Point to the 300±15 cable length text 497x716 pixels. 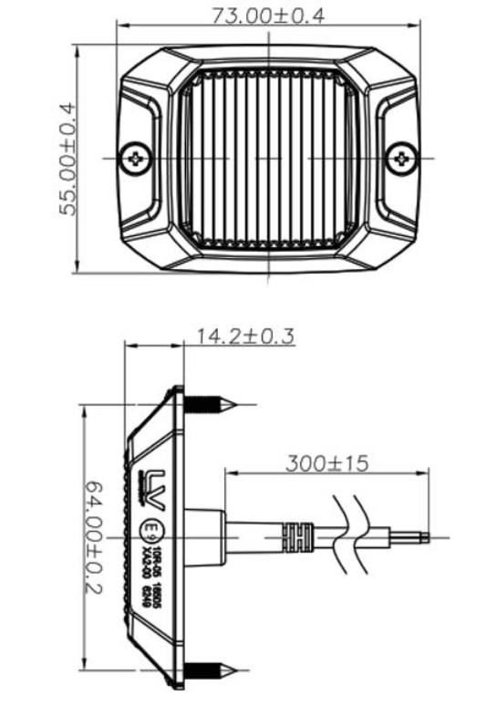[326, 463]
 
